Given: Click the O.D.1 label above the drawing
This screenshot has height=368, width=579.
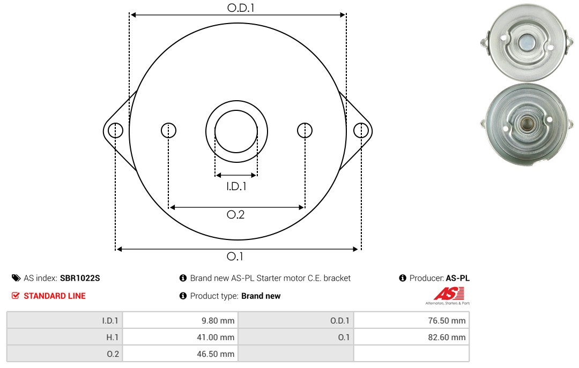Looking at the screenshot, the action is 241,7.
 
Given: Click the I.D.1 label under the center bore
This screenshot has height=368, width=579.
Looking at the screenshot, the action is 236,186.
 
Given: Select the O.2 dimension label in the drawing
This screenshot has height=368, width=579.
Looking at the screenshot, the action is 235,214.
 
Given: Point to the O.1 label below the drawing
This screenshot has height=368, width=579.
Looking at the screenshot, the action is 235,256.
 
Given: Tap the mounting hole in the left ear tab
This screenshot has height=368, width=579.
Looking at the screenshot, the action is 116,131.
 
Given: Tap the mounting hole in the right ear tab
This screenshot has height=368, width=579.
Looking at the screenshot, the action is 361,131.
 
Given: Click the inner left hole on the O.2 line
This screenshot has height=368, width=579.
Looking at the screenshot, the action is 169,130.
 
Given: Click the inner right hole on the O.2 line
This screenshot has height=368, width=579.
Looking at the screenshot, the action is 305,130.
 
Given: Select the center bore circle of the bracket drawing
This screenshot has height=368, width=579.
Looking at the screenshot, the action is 236,110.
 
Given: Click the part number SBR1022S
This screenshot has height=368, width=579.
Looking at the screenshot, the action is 80,279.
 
